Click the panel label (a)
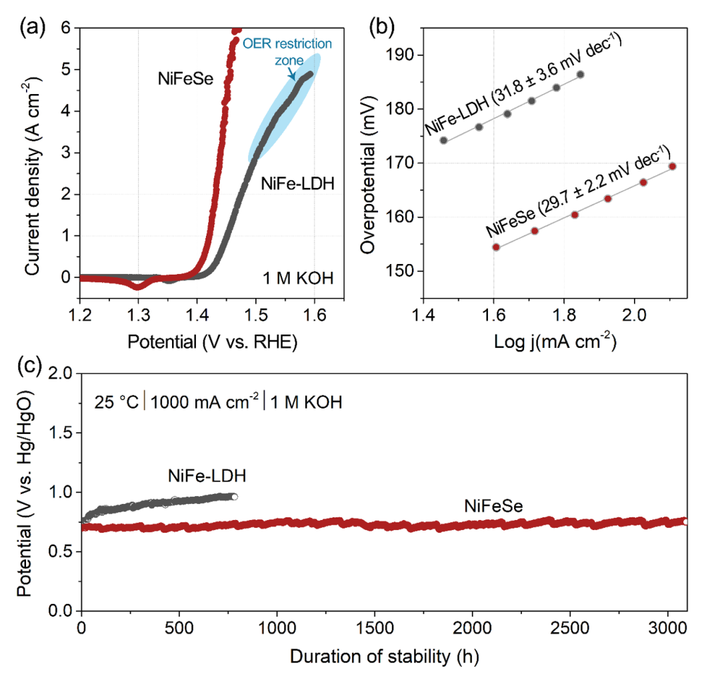tap(34, 27)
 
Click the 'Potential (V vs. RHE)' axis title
tap(211, 342)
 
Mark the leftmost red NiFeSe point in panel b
tap(495, 247)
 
